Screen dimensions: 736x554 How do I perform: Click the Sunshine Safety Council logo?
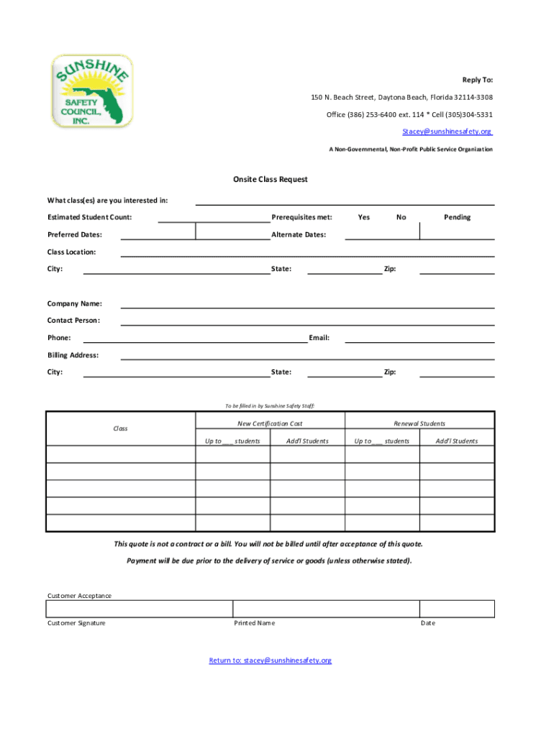(91, 91)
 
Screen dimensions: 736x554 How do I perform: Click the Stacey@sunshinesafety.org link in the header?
(447, 132)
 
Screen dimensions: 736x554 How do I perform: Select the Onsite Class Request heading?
(270, 179)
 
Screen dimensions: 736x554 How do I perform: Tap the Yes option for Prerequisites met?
(364, 217)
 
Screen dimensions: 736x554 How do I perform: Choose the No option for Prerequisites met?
(401, 217)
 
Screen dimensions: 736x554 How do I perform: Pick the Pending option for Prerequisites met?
(457, 217)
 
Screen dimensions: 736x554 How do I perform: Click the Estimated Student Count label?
(89, 217)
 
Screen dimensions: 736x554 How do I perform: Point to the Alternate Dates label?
(299, 234)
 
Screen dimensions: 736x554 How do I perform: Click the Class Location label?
(71, 252)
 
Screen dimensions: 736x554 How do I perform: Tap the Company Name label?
(74, 303)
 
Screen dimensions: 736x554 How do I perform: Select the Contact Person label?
(73, 321)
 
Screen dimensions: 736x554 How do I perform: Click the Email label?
(319, 338)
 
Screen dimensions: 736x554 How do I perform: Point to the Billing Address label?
(73, 355)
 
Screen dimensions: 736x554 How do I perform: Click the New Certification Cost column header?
(270, 424)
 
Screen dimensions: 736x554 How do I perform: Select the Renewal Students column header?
(419, 424)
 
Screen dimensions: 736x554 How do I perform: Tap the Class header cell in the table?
(120, 428)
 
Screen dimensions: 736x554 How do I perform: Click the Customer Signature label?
(76, 623)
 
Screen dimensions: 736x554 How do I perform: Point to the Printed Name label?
(254, 623)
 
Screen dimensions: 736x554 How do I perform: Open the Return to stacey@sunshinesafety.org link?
(270, 661)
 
